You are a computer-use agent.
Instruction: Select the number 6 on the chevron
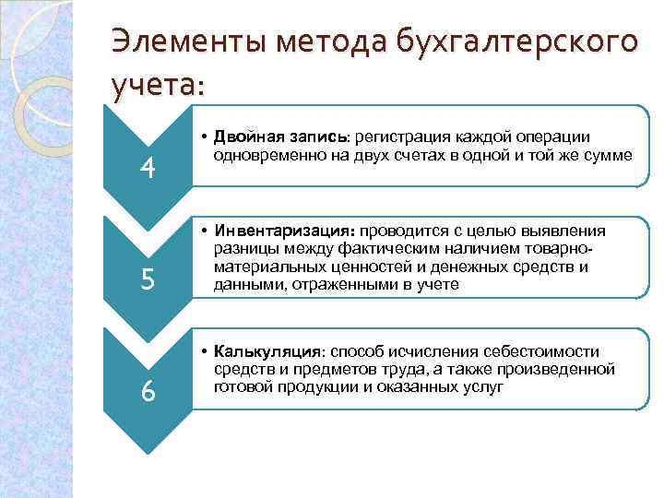click(x=148, y=391)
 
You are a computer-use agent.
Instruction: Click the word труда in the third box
click(x=387, y=370)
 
